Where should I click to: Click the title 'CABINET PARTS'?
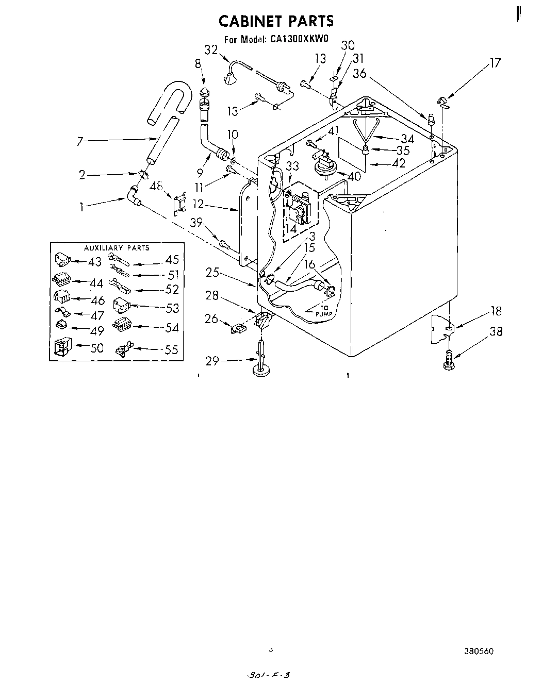(x=276, y=21)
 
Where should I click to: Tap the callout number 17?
(x=495, y=63)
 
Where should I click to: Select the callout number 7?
(x=80, y=141)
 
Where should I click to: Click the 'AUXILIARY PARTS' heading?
(x=117, y=248)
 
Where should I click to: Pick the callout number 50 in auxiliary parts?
(x=96, y=348)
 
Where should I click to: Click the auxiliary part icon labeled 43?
(x=62, y=260)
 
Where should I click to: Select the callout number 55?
(x=171, y=350)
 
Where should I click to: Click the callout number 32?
(x=211, y=50)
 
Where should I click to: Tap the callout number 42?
(x=398, y=163)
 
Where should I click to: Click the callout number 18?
(x=496, y=311)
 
